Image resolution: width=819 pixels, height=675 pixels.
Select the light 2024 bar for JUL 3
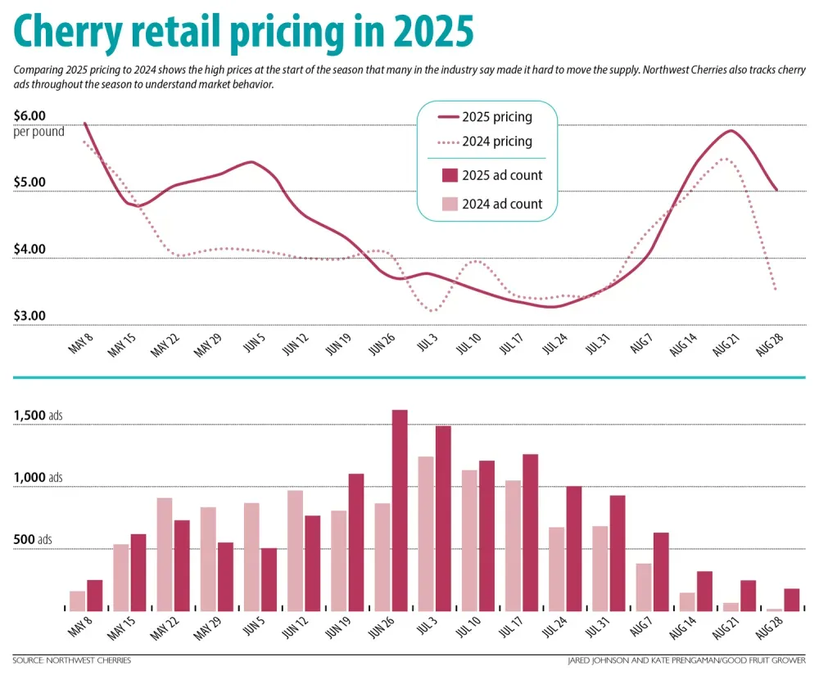tap(426, 533)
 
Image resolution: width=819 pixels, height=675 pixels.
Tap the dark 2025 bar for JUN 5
tap(269, 578)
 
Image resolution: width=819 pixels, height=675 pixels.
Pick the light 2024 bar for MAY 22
tap(165, 554)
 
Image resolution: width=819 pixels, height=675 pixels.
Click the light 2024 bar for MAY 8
tap(78, 601)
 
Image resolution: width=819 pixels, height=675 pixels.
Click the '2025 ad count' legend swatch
tap(450, 175)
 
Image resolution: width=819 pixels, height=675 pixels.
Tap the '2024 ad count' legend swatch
tap(450, 204)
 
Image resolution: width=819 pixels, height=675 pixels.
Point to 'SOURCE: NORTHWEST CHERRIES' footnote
tap(72, 659)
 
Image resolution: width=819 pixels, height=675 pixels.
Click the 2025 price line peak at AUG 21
tap(731, 131)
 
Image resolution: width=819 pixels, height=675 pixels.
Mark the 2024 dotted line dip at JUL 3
tap(432, 310)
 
